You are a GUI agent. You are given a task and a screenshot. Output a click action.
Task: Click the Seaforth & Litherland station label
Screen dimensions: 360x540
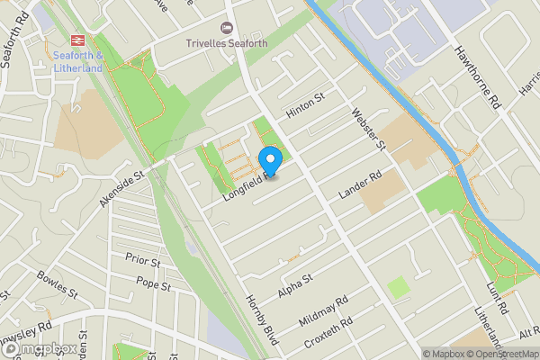pyautogui.click(x=78, y=60)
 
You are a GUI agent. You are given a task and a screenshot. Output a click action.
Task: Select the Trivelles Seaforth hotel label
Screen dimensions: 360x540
pyautogui.click(x=227, y=43)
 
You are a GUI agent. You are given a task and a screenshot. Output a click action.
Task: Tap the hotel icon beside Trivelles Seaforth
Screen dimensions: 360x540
pyautogui.click(x=227, y=28)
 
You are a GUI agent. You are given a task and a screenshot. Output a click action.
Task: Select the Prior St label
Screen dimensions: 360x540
pyautogui.click(x=142, y=260)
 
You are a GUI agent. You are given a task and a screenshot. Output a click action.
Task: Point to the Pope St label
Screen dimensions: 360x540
pyautogui.click(x=153, y=284)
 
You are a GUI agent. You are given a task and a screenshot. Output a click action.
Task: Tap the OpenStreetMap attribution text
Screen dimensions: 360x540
pyautogui.click(x=502, y=353)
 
